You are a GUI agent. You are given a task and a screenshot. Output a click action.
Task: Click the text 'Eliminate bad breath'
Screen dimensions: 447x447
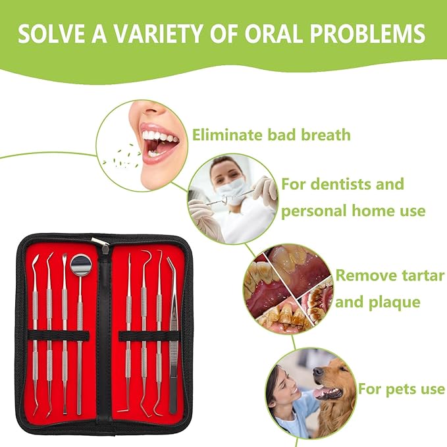pyautogui.click(x=271, y=136)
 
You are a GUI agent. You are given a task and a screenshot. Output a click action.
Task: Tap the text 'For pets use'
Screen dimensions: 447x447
pyautogui.click(x=401, y=389)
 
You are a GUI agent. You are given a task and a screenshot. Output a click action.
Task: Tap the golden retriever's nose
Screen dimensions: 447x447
pyautogui.click(x=318, y=373)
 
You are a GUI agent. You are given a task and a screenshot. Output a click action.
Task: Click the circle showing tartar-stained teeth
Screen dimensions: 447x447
pyautogui.click(x=287, y=288)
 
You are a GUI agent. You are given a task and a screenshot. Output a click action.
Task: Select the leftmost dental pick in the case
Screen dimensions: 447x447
pyautogui.click(x=35, y=329)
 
